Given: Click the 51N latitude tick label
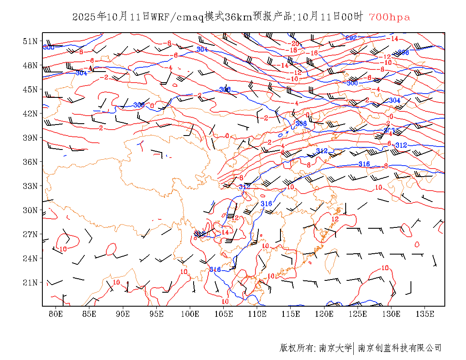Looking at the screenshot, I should [31, 41].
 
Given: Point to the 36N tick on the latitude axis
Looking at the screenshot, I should [31, 162].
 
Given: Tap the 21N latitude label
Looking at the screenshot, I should [31, 282].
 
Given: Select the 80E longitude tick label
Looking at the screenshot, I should [56, 314].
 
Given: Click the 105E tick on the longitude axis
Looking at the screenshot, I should [224, 314].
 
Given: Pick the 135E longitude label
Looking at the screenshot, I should [425, 314].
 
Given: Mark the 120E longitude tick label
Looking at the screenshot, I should [325, 314].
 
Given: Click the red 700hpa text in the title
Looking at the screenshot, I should [389, 17].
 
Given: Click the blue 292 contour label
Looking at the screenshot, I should [351, 38].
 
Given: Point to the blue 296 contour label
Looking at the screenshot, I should [403, 53].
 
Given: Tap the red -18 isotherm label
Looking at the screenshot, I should [292, 50].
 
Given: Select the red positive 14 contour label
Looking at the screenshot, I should [225, 232].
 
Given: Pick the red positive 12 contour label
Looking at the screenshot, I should [335, 219].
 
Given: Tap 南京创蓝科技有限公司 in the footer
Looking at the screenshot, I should [399, 348].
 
